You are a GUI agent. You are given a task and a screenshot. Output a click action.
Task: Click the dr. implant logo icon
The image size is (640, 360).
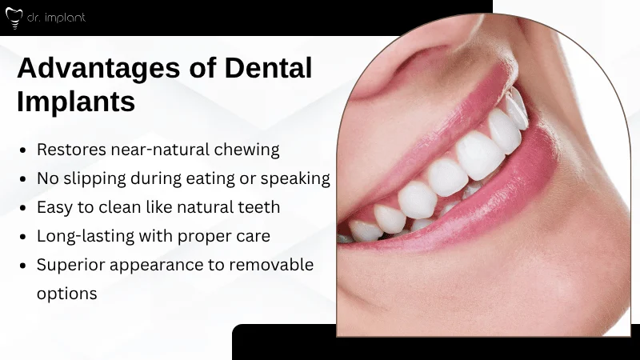coord(13,18)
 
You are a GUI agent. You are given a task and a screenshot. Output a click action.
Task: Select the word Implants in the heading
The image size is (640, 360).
coord(76,103)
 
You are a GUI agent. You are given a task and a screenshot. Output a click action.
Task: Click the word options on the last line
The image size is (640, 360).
coord(67,294)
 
